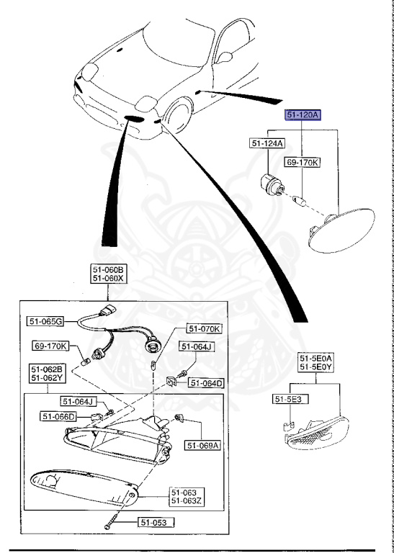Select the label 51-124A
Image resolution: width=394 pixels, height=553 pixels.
click(x=267, y=144)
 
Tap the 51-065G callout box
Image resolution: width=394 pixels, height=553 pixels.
click(x=46, y=321)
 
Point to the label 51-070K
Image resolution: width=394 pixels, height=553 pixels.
click(x=205, y=329)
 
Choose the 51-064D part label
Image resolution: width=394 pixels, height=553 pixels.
click(x=206, y=382)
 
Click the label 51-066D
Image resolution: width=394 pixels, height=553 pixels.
click(x=59, y=415)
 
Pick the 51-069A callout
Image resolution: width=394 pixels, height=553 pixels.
click(x=202, y=446)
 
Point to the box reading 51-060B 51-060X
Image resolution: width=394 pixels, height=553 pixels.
click(x=107, y=274)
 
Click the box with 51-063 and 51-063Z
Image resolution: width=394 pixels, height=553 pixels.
click(x=186, y=496)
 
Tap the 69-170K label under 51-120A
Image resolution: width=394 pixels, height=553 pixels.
click(x=303, y=162)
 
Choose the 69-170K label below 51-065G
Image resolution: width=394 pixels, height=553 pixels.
click(x=51, y=346)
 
